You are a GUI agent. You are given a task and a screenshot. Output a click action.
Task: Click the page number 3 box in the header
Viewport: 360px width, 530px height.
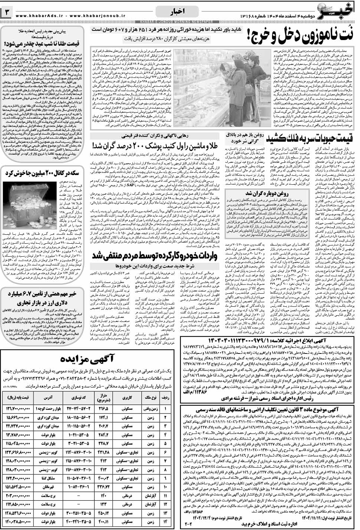pos(7,12)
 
